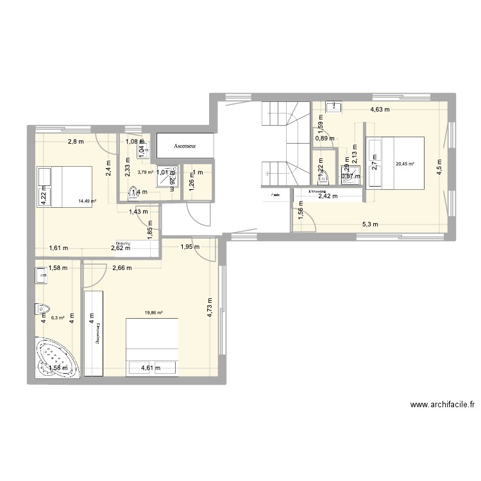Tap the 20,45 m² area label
click(x=405, y=164)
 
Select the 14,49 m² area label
click(x=87, y=201)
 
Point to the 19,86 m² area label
click(x=153, y=313)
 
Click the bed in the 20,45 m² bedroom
click(x=394, y=163)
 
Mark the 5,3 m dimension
click(x=370, y=224)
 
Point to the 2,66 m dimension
click(x=122, y=269)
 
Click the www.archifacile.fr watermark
click(x=443, y=405)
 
